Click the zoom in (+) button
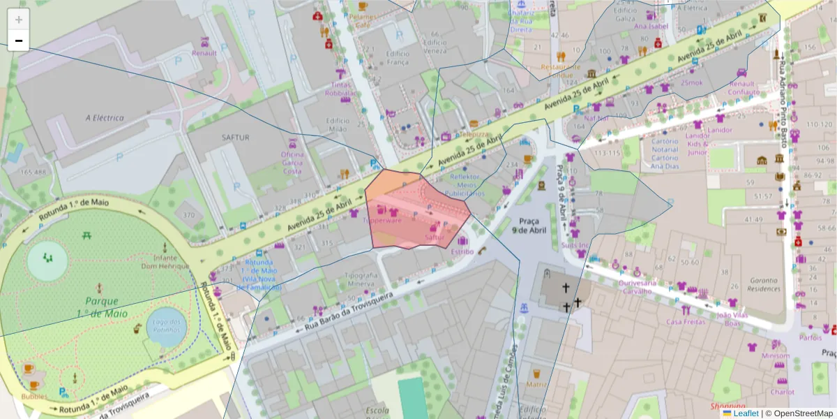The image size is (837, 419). pyautogui.click(x=18, y=20)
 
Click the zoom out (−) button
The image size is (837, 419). pyautogui.click(x=18, y=41)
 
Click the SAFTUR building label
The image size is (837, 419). pyautogui.click(x=235, y=138)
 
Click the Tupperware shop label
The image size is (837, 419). pyautogui.click(x=382, y=220)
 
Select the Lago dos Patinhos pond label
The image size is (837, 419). pyautogui.click(x=167, y=326)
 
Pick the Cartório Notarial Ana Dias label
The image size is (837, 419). pyautogui.click(x=664, y=153)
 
